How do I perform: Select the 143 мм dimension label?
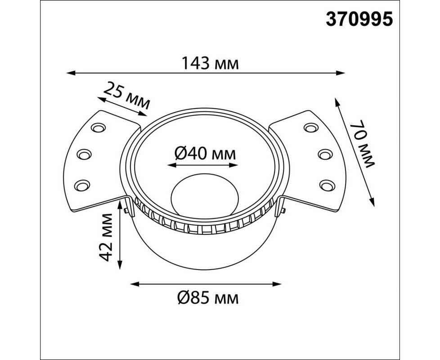coord(210,63)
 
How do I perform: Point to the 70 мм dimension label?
coord(362,144)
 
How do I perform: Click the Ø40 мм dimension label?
coord(205,154)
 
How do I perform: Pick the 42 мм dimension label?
coord(106,238)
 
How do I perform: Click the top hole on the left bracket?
coord(98,128)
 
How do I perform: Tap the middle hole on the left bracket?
coord(84,154)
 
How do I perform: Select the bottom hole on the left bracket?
coord(82,185)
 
